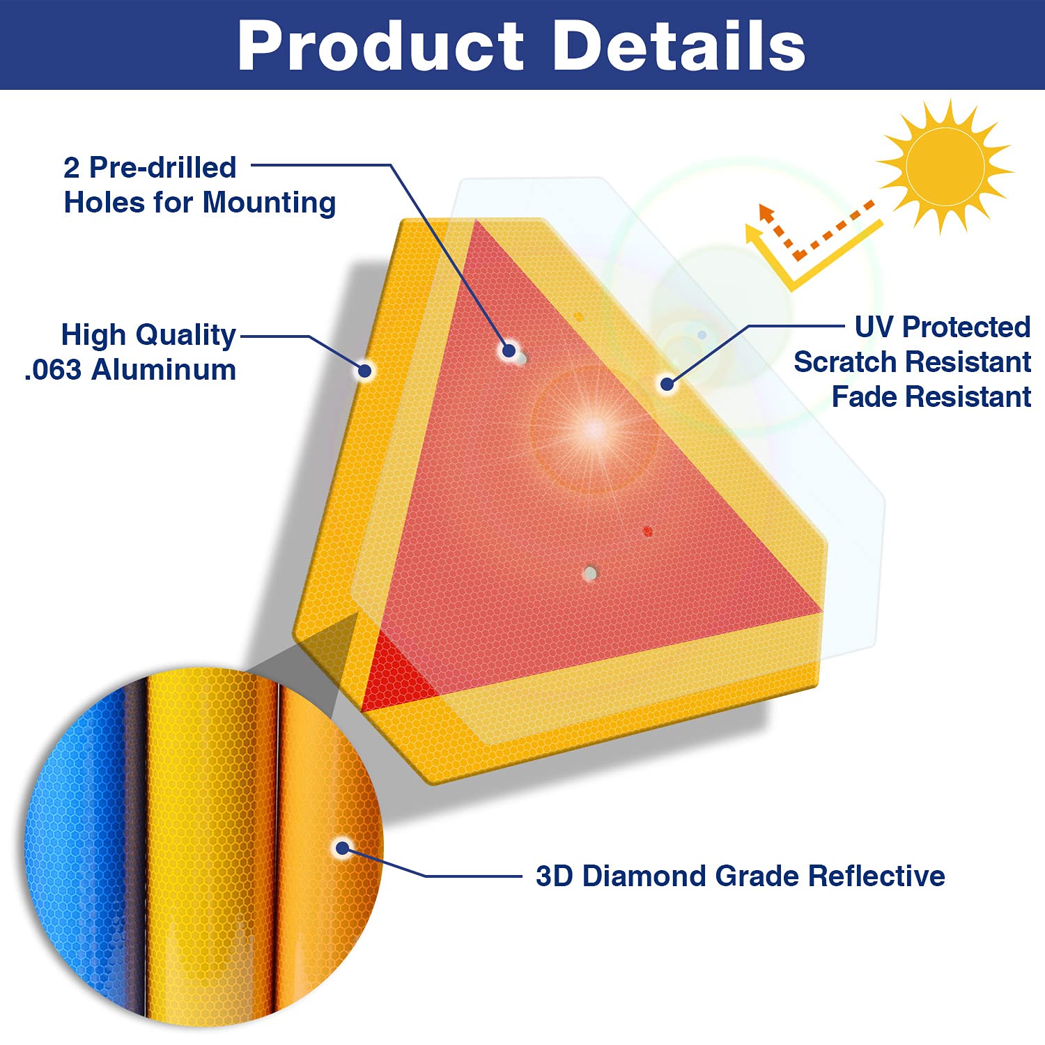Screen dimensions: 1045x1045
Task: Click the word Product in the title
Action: pos(380,45)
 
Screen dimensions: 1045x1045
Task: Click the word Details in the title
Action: pos(679,45)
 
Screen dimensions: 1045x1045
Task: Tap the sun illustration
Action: pos(945,166)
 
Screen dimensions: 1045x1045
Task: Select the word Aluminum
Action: pos(164,370)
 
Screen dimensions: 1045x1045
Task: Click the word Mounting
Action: pos(269,203)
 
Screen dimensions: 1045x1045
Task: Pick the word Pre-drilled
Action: pos(163,168)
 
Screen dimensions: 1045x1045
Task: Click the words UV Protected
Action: pos(943,327)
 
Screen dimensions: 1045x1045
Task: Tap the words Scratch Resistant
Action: pos(913,362)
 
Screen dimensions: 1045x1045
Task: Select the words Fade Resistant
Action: pos(931,397)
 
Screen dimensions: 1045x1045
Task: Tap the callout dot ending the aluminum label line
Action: pos(364,370)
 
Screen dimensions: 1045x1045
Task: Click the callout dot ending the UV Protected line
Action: pos(667,383)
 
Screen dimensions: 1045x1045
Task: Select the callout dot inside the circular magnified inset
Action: pos(342,848)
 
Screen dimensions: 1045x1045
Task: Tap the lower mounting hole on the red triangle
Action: pos(590,573)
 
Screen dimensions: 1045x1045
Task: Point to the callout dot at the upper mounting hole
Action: pos(510,350)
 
